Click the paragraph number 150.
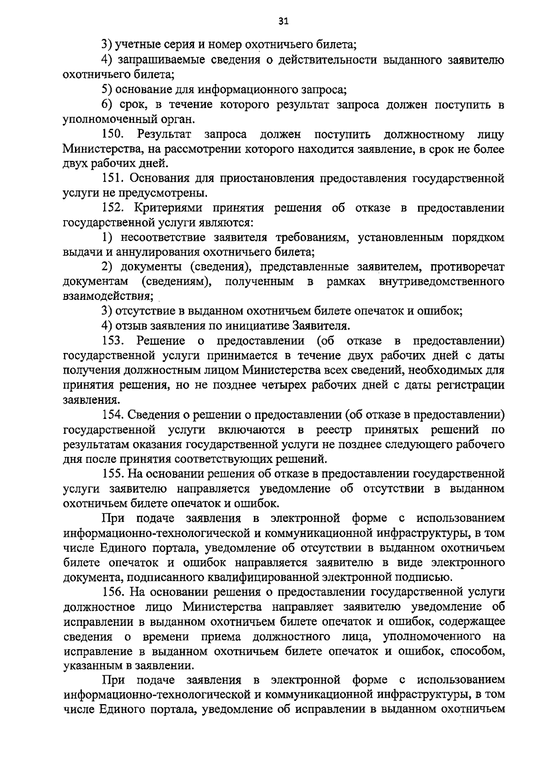click(112, 135)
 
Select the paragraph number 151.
click(112, 179)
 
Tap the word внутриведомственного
click(441, 282)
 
